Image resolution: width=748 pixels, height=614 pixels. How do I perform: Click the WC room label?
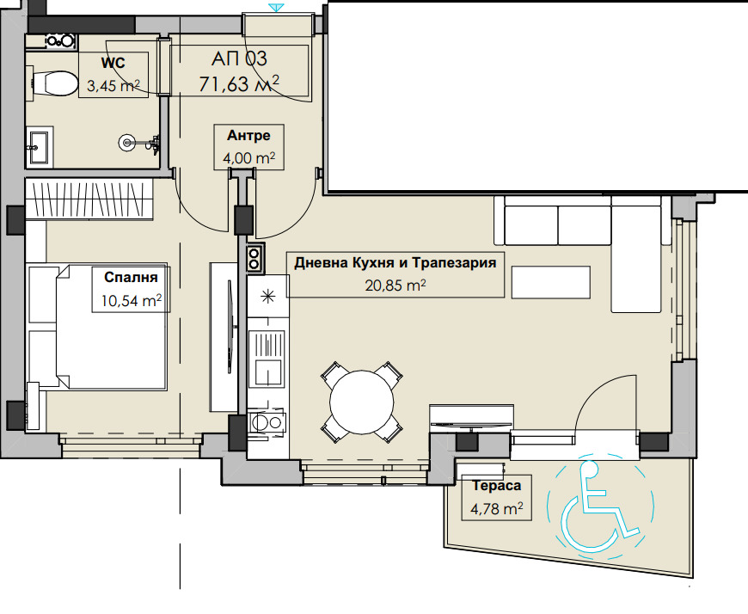point(113,63)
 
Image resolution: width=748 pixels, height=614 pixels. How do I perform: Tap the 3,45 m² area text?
point(113,86)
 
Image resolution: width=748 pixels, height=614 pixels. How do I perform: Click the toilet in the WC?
point(53,83)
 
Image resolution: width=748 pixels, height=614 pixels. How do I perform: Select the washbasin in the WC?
point(39,146)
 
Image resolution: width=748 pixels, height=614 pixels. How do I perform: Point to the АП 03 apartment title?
point(239,58)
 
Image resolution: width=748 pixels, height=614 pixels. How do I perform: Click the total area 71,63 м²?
point(239,84)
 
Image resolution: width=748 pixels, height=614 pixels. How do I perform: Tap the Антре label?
point(248,136)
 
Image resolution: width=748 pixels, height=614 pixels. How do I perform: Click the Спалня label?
point(131,277)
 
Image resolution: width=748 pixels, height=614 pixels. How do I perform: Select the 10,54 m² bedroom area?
point(132,301)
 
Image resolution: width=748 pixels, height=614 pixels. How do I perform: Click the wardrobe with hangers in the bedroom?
point(89,199)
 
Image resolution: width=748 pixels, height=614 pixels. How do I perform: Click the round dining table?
point(362,402)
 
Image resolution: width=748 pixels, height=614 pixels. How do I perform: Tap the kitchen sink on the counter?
point(267,358)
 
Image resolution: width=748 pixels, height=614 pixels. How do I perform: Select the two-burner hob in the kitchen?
point(254,258)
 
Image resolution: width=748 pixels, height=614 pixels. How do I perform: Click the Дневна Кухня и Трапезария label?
point(395,263)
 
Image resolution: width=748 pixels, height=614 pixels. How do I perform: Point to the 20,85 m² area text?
point(395,286)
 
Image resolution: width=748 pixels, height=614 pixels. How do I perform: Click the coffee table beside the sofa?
point(551,282)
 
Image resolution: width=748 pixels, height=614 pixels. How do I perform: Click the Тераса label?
point(497,486)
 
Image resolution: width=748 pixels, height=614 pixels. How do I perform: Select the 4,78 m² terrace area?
point(497,508)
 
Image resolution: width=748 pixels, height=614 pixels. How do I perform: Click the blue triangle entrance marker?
point(276,8)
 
